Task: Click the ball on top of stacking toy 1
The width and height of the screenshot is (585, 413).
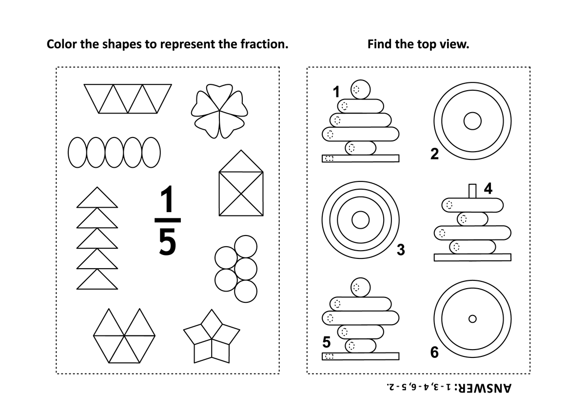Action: (360, 89)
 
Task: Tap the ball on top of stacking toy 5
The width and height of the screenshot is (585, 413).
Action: (360, 287)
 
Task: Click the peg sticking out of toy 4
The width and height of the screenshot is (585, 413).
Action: (472, 191)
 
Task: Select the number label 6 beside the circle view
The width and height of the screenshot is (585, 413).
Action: (434, 352)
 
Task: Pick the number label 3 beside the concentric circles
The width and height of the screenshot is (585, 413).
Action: (401, 250)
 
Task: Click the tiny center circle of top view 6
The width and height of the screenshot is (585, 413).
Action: (472, 319)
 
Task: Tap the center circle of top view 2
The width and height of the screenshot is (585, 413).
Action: (472, 121)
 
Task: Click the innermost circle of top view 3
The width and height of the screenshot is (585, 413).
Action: (360, 220)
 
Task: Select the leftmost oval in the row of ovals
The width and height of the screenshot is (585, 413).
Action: (78, 152)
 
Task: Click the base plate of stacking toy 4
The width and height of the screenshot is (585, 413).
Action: (472, 257)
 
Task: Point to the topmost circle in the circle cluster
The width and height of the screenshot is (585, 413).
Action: (246, 247)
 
